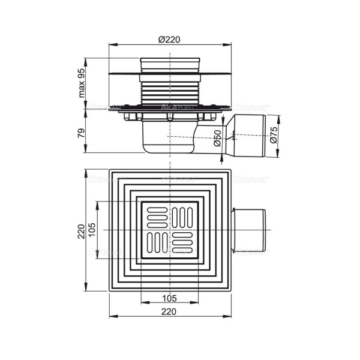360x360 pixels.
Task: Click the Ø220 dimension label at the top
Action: coord(170,39)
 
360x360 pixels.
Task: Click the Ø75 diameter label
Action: coord(274,137)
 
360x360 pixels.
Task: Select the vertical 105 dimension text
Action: coord(92,230)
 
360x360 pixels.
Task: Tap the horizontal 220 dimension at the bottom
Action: coord(170,311)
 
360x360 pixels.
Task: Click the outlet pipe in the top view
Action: coord(249,230)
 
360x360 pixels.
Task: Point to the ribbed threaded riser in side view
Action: coord(170,90)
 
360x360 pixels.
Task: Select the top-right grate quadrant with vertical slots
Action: coord(183,217)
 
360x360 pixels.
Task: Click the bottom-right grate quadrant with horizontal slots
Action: coord(183,244)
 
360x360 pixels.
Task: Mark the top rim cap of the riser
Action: coord(170,62)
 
